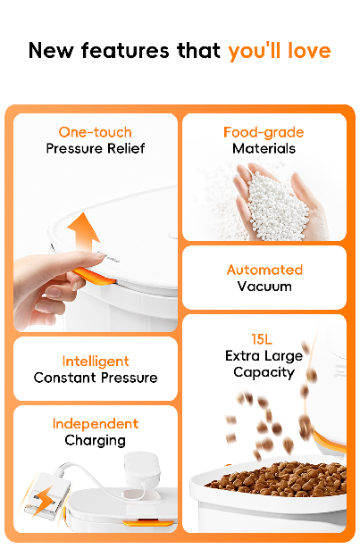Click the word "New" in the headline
point(51,51)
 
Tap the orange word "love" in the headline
point(309,51)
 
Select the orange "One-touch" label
point(96,132)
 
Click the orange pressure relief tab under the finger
point(94,277)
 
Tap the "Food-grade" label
point(264,133)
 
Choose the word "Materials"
point(264,148)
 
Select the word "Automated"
point(264,270)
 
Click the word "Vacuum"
point(264,287)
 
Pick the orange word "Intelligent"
point(96,362)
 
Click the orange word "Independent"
point(96,424)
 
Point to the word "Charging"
point(96,441)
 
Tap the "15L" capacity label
point(262,339)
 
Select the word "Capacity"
point(264,372)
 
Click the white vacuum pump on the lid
point(141,469)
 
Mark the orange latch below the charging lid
point(148,523)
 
